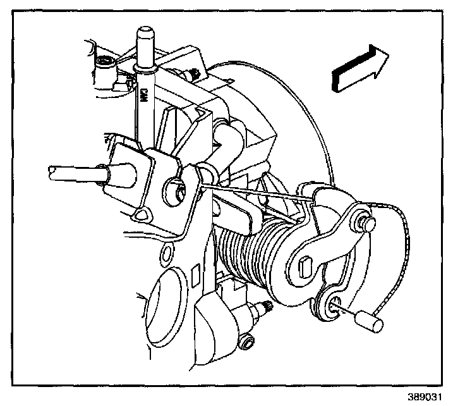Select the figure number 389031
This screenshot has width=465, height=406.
point(425,397)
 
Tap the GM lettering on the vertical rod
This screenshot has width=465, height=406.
point(145,95)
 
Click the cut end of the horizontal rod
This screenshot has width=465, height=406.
point(52,173)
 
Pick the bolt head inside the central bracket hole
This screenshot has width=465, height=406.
point(179,193)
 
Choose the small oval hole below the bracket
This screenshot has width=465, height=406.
point(166,253)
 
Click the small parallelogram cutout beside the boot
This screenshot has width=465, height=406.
point(195,276)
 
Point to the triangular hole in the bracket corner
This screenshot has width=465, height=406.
point(142,214)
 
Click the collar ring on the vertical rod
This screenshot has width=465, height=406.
point(145,69)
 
